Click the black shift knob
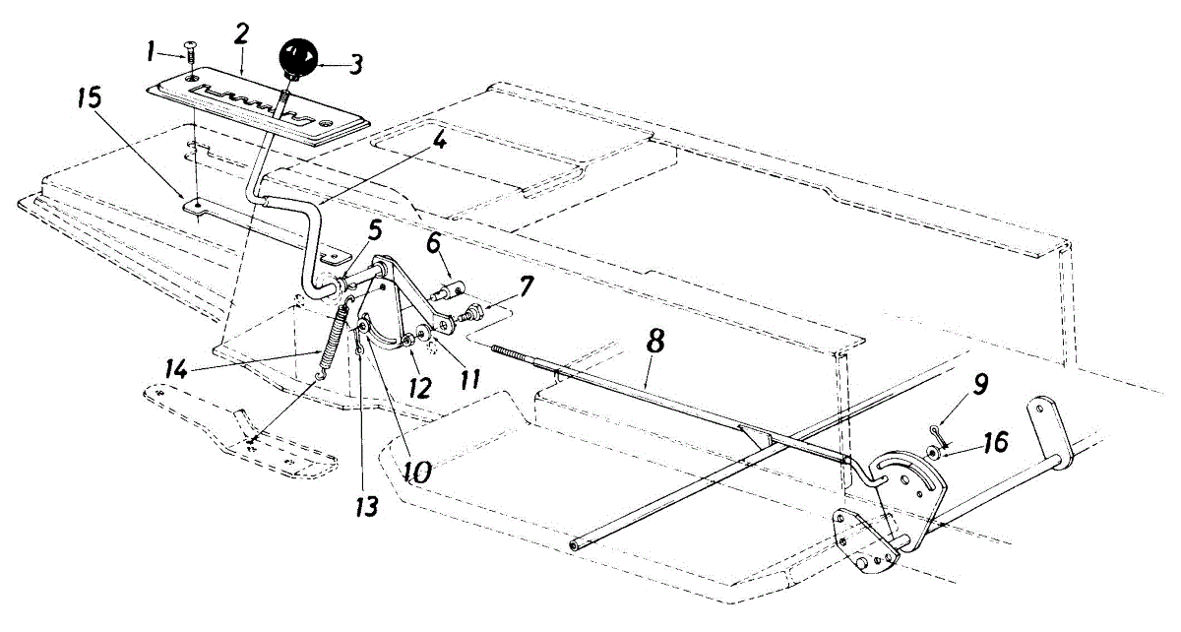[x=299, y=58]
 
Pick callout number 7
[x=528, y=289]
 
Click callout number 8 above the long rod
[x=656, y=343]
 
